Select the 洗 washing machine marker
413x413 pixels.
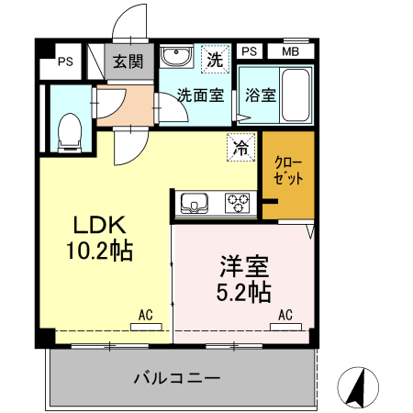(214, 61)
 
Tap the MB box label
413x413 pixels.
(290, 51)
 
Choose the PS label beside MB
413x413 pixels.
(250, 51)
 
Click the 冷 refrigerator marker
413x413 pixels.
(240, 146)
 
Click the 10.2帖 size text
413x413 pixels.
(98, 251)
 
